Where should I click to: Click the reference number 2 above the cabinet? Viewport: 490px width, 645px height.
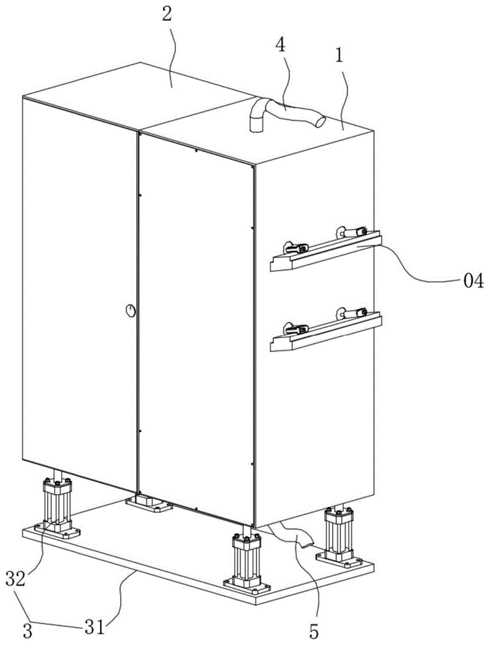[167, 15]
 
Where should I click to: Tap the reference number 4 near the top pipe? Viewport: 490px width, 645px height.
[280, 46]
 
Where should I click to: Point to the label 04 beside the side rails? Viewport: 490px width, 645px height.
[473, 281]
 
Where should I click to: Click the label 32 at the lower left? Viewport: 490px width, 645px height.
[16, 579]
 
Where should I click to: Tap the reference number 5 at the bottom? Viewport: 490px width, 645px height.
[313, 633]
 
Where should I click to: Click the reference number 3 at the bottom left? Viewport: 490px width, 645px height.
[27, 631]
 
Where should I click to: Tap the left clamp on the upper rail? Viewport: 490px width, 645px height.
[295, 248]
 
